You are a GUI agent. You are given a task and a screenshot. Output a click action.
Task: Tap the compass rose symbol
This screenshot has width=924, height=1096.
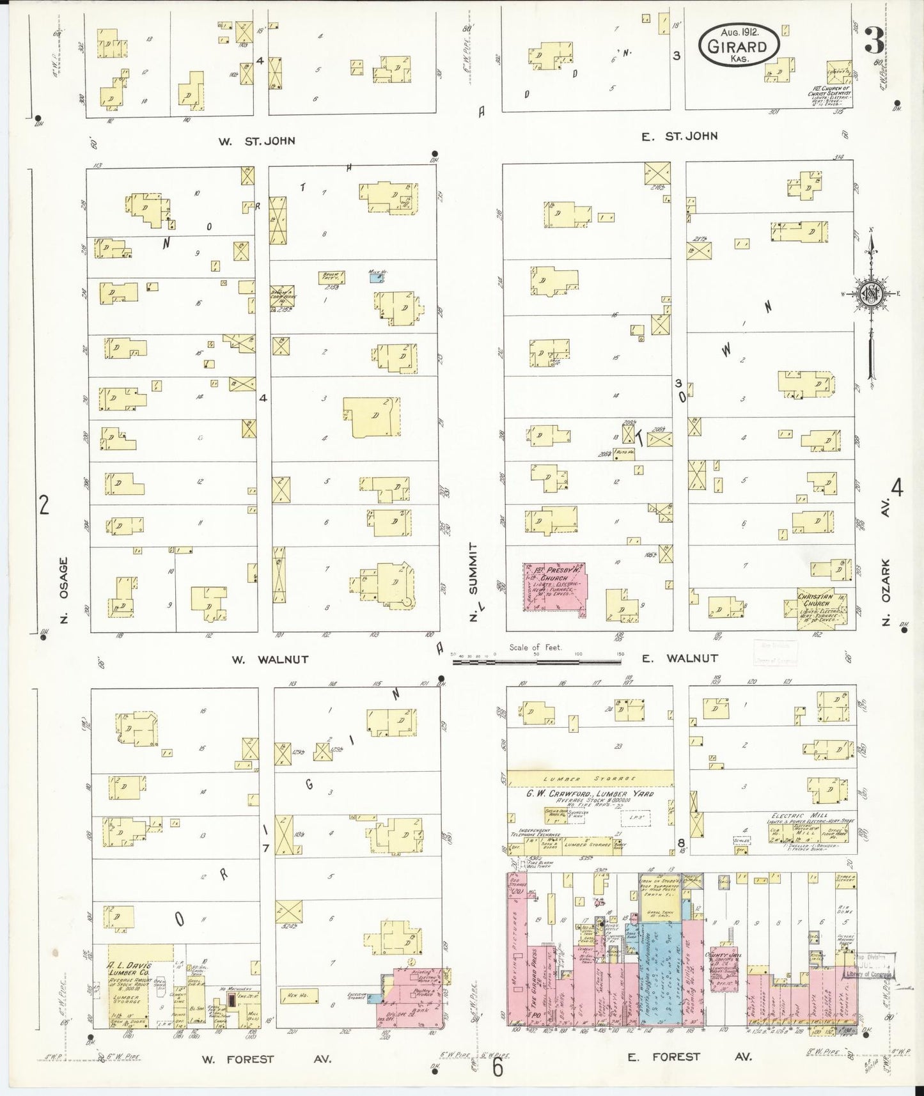point(872,294)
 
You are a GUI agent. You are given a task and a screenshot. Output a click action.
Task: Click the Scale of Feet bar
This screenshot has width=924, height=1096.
point(536,662)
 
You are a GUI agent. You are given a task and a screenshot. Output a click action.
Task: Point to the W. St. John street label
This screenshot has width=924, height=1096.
point(256,141)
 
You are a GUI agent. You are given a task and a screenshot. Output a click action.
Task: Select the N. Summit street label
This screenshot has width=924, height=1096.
point(473,582)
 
